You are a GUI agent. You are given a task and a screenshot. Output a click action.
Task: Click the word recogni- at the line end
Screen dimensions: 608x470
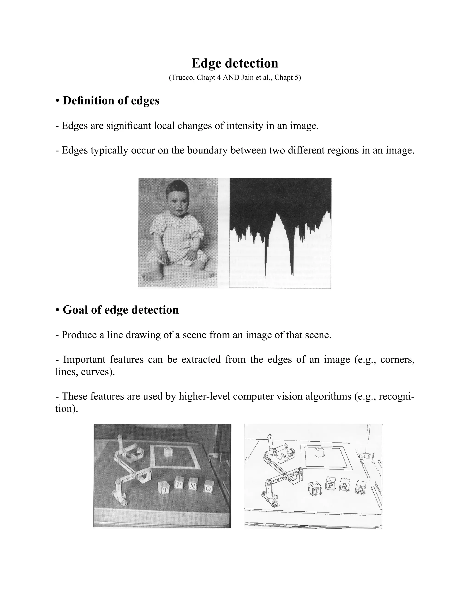[397, 396]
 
